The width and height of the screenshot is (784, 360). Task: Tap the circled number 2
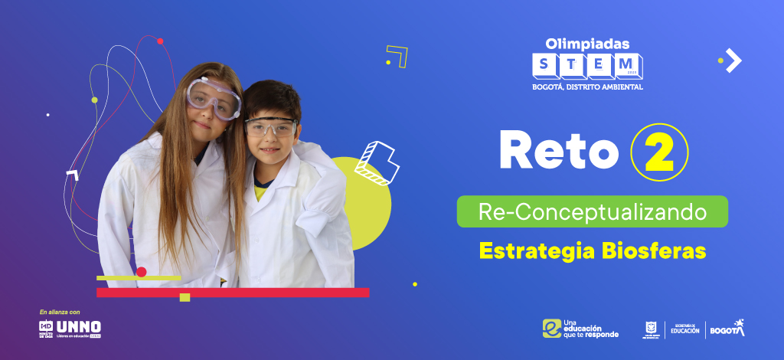click(659, 151)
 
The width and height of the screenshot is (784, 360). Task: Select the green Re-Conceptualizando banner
click(592, 211)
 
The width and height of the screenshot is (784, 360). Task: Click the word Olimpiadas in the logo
click(588, 44)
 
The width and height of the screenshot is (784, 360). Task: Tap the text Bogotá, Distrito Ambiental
click(587, 87)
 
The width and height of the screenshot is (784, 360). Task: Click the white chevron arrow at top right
click(733, 60)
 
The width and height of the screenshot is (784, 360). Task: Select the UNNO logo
click(79, 328)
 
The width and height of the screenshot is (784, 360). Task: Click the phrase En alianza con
click(60, 312)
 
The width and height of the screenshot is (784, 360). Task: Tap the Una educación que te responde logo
click(580, 328)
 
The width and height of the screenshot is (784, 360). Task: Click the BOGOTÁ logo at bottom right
click(727, 328)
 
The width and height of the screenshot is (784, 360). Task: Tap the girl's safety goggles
click(214, 98)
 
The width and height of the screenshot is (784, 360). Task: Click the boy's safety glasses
click(270, 127)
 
